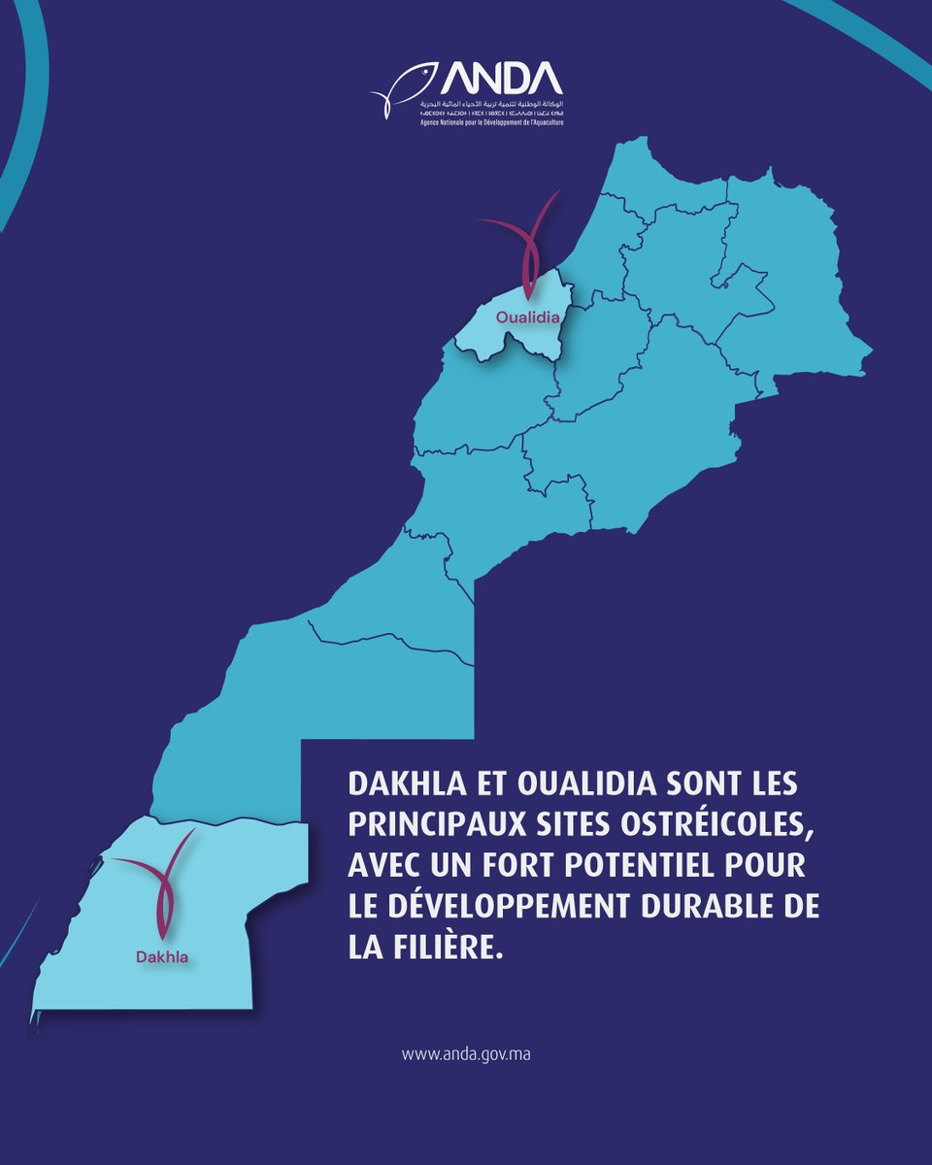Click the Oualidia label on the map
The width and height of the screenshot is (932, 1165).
527,316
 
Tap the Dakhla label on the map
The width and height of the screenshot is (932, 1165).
161,957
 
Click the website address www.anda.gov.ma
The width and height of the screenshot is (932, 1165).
466,1052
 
